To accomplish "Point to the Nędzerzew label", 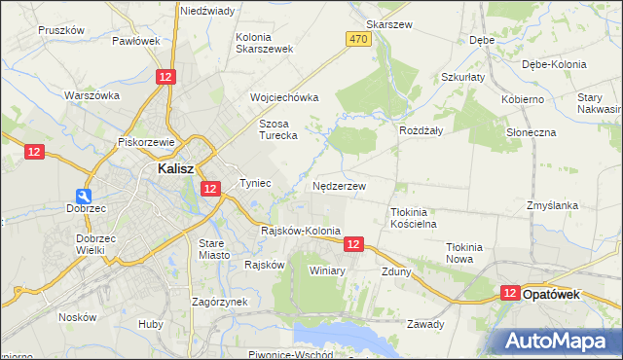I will pyautogui.click(x=340, y=185).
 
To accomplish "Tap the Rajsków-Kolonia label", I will pyautogui.click(x=302, y=231).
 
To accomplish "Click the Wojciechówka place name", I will pyautogui.click(x=284, y=98).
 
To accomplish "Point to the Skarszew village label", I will pyautogui.click(x=389, y=23).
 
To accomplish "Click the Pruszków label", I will pyautogui.click(x=61, y=30).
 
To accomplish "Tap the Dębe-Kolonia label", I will pyautogui.click(x=554, y=64).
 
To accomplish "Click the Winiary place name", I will pyautogui.click(x=327, y=270).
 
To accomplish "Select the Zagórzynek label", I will pyautogui.click(x=220, y=303).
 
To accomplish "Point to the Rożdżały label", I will pyautogui.click(x=421, y=129).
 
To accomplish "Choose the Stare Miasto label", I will pyautogui.click(x=213, y=248).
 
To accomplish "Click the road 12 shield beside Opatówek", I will pyautogui.click(x=510, y=292).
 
